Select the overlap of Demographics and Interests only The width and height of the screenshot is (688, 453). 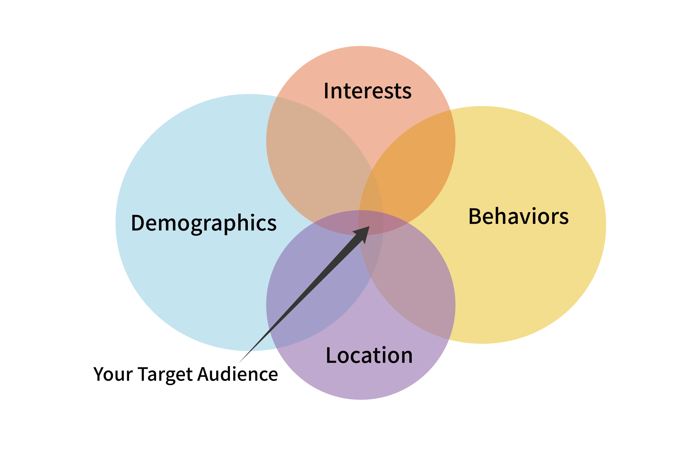pyautogui.click(x=312, y=162)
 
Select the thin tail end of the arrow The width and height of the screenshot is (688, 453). pyautogui.click(x=240, y=362)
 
